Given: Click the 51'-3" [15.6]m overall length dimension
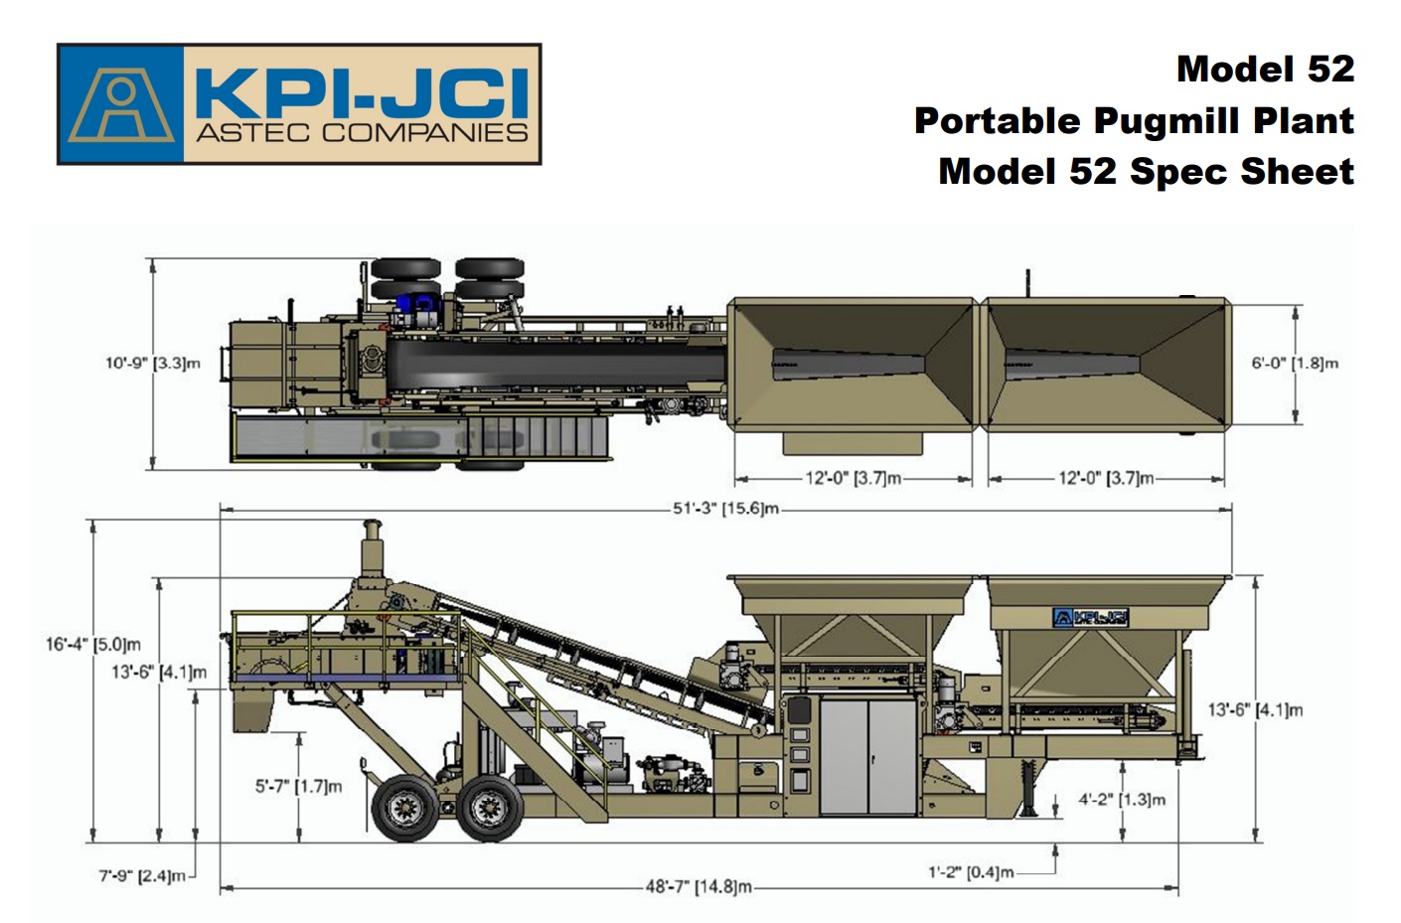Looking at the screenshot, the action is pos(725,509).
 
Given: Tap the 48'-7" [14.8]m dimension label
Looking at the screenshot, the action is pos(699,886).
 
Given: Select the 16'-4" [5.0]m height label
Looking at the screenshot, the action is pos(93,644).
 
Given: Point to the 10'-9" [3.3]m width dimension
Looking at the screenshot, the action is pos(153,364).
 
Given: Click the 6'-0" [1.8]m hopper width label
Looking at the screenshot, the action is pos(1295,364).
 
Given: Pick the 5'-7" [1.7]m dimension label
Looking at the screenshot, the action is pos(298,786).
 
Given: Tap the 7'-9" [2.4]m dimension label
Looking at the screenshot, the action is pos(142,875).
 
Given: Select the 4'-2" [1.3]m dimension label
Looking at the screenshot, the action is pos(1122,799).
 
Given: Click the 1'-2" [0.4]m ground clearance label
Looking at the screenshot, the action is pos(971,871).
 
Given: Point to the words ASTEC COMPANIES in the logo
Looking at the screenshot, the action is pos(362,132).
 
